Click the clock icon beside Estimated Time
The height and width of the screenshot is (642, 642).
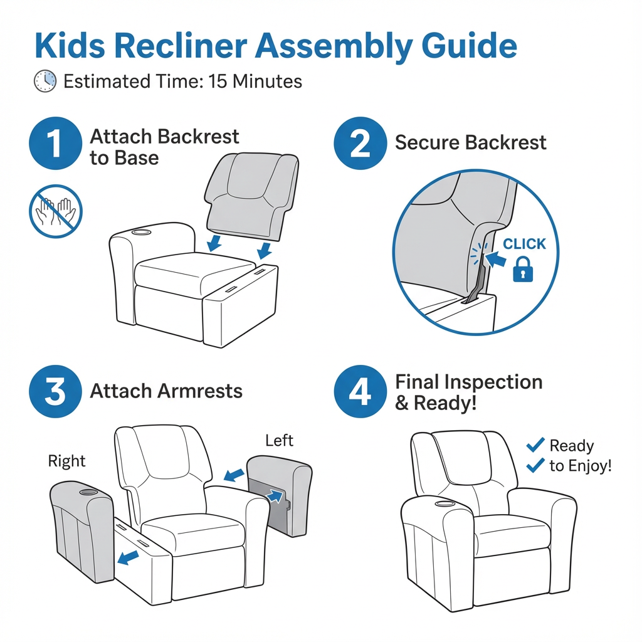(45, 82)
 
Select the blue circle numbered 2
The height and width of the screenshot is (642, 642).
(360, 143)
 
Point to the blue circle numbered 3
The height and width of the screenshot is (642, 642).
(55, 391)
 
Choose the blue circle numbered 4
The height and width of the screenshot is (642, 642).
(360, 391)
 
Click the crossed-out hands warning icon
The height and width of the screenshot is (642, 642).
(55, 211)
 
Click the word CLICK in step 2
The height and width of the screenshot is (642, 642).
(524, 244)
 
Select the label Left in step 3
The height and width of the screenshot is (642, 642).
(279, 441)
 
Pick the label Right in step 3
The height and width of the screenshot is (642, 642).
(66, 461)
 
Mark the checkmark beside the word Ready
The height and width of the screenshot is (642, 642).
(535, 445)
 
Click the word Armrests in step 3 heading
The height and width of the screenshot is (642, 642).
(199, 391)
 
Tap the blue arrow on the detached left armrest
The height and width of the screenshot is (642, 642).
(275, 496)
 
